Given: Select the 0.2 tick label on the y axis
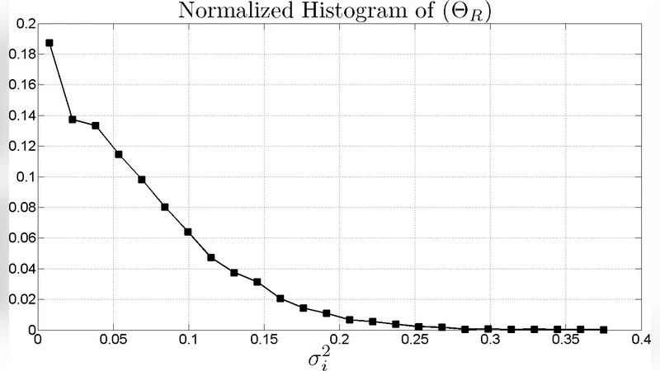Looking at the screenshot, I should point(25,24).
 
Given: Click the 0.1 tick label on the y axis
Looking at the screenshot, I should point(25,176).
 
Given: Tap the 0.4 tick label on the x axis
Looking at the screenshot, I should point(641,339).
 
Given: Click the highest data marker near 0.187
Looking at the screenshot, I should point(49,43).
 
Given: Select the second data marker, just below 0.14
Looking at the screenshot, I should point(73,120).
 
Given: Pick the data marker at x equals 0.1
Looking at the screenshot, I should point(188,232).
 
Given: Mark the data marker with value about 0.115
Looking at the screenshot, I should point(119,154).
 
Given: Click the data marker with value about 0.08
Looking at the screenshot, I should point(165,207).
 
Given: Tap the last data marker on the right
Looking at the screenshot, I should point(605,330).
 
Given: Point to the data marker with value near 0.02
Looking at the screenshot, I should point(280,298).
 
